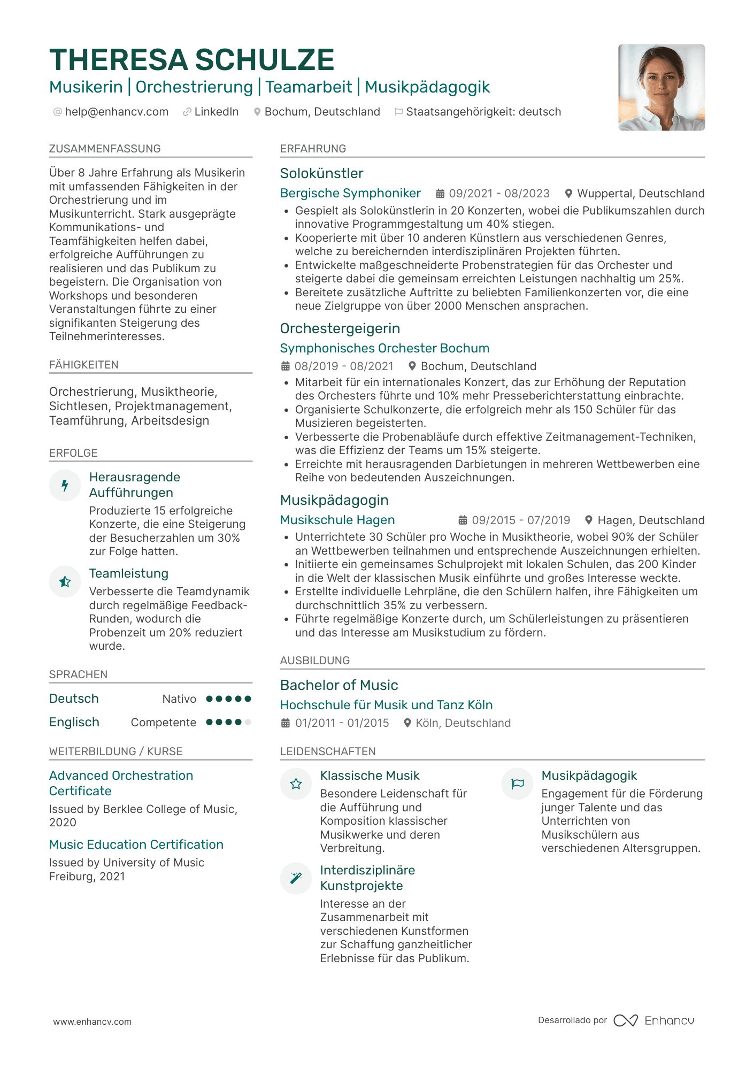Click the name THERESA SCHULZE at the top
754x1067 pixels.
(x=191, y=59)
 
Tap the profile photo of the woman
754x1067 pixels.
(x=661, y=87)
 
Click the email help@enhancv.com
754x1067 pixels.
(x=116, y=112)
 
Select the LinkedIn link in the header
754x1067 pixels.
(x=216, y=112)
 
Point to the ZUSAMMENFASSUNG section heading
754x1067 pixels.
(x=105, y=149)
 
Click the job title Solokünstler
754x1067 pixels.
(x=321, y=173)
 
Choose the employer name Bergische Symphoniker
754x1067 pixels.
(x=350, y=193)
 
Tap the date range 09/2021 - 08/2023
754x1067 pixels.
(x=499, y=194)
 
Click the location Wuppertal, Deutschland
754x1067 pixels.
(x=641, y=194)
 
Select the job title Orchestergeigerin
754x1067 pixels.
(x=340, y=328)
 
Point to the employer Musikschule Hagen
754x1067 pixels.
(x=337, y=520)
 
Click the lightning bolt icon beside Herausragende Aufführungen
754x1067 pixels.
(x=65, y=485)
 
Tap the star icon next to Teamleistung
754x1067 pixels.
(x=65, y=581)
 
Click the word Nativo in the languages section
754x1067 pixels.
(x=179, y=699)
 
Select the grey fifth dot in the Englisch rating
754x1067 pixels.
(x=248, y=722)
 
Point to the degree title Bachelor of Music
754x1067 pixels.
(x=339, y=685)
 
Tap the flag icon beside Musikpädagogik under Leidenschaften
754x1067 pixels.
(x=517, y=784)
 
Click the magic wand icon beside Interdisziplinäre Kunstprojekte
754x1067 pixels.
(x=296, y=878)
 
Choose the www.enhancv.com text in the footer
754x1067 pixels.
(x=92, y=1022)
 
